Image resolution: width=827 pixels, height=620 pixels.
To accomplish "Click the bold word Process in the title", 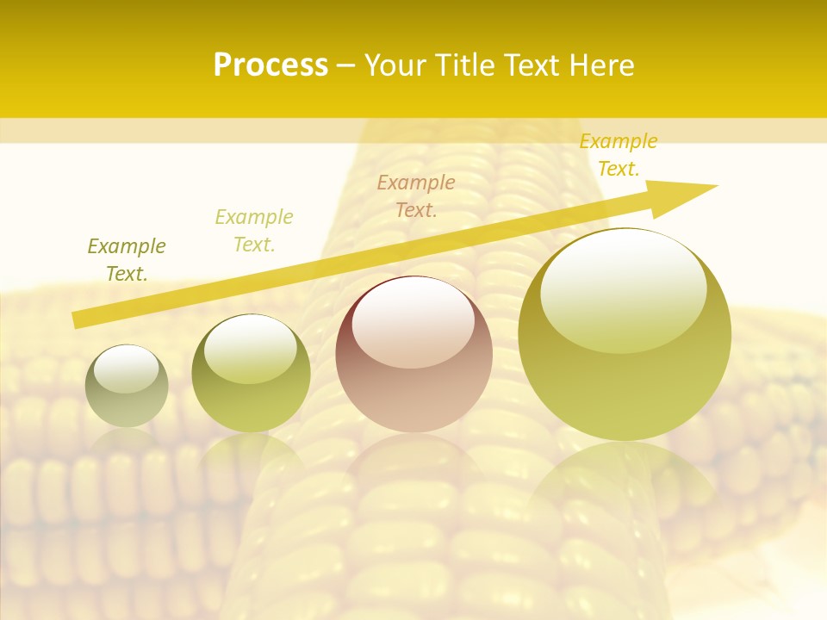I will click(x=270, y=65).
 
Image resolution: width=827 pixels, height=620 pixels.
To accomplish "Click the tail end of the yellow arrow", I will click(x=78, y=319).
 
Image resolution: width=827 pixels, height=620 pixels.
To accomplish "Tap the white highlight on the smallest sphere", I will click(x=126, y=369).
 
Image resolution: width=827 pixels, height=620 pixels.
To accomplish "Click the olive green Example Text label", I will click(x=127, y=259).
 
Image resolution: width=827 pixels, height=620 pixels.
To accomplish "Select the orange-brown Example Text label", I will click(x=416, y=195).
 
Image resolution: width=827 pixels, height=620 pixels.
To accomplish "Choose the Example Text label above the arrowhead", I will click(x=618, y=155).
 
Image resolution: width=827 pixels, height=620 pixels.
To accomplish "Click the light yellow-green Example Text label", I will click(x=254, y=230).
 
